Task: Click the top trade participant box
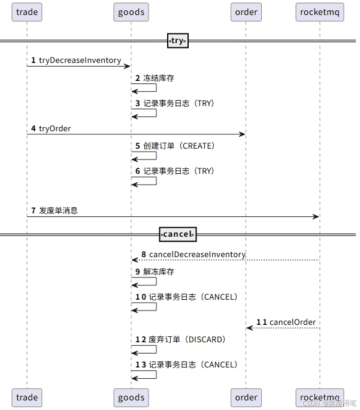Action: click(x=27, y=12)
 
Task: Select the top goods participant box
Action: click(x=131, y=12)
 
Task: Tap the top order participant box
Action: click(x=246, y=12)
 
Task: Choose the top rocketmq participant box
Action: click(x=320, y=12)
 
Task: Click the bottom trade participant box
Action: click(x=27, y=397)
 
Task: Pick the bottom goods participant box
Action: click(x=131, y=397)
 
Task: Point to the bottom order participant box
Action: click(x=246, y=397)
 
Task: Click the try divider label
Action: click(x=177, y=41)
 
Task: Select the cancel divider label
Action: click(x=177, y=234)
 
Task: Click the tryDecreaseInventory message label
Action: click(x=80, y=61)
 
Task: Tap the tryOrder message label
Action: click(x=55, y=128)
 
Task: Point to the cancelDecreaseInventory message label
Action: click(x=197, y=255)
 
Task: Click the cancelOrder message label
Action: click(x=292, y=322)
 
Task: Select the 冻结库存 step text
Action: click(x=159, y=79)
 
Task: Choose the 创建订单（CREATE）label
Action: click(x=179, y=146)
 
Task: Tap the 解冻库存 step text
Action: click(x=159, y=272)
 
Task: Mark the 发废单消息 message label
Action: click(x=58, y=211)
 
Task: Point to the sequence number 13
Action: click(x=140, y=365)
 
